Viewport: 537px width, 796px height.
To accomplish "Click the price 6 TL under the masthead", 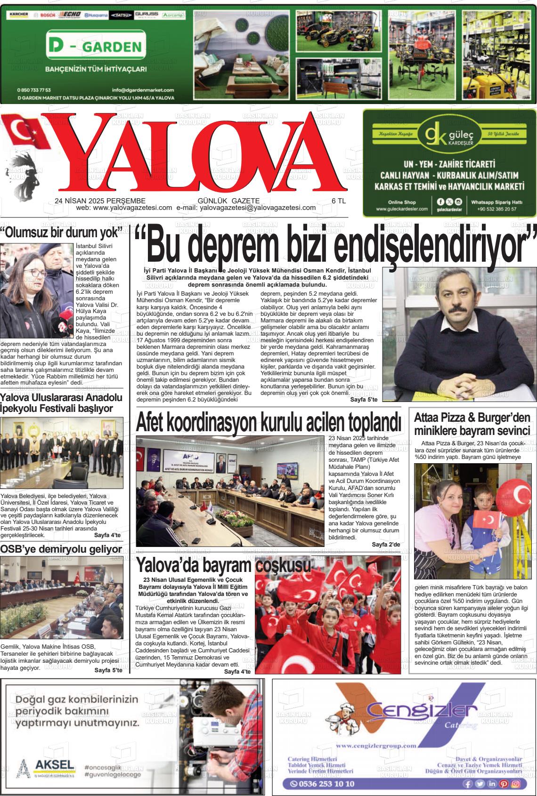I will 338,201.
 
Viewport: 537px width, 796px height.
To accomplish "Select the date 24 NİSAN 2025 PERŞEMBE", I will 100,201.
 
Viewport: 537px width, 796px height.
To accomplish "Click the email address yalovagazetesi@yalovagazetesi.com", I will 258,208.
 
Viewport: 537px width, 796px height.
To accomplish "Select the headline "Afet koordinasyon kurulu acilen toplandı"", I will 268,421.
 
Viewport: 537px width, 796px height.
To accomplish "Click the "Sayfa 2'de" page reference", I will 386,545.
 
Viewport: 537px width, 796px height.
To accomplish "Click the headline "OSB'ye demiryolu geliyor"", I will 61,549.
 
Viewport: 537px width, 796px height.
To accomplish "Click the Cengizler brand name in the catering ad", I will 408,710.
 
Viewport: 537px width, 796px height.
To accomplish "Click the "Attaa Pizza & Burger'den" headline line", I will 472,418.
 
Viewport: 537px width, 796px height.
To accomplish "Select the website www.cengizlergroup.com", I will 376,746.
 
